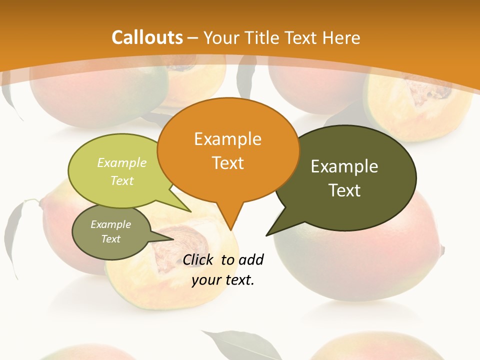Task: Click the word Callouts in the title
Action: [147, 37]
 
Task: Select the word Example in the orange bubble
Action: [227, 139]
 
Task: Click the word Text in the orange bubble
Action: [227, 162]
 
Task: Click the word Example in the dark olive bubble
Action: [344, 166]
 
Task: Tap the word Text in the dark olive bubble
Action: [344, 190]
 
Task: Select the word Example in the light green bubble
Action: [122, 162]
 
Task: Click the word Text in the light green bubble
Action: [122, 180]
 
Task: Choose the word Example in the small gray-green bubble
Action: [110, 224]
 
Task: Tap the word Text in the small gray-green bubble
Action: [110, 239]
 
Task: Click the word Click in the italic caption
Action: [198, 259]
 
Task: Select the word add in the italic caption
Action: [250, 259]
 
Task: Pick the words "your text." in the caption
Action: [223, 280]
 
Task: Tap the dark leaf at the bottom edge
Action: [235, 345]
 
